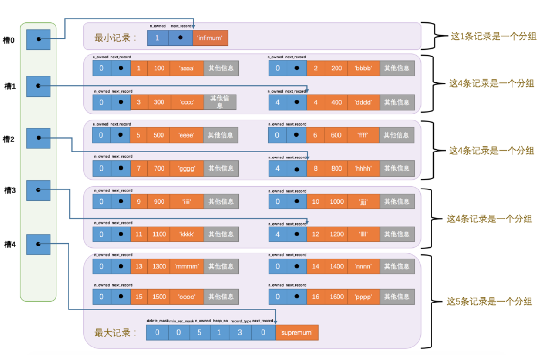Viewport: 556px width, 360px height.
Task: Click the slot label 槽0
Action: pyautogui.click(x=9, y=41)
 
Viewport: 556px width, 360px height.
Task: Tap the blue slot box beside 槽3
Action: pyautogui.click(x=38, y=190)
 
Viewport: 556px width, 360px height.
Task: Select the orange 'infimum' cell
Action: pyautogui.click(x=210, y=38)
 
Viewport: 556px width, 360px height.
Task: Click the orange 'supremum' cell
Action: pyautogui.click(x=297, y=333)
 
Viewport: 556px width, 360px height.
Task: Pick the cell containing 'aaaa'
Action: pyautogui.click(x=187, y=68)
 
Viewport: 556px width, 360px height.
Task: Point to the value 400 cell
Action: pyautogui.click(x=337, y=102)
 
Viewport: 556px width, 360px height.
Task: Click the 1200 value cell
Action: pyautogui.click(x=337, y=234)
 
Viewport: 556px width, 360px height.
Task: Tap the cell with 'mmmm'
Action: pyautogui.click(x=187, y=266)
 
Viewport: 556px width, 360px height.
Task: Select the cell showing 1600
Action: pyautogui.click(x=337, y=297)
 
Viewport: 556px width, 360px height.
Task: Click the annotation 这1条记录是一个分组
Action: pyautogui.click(x=494, y=36)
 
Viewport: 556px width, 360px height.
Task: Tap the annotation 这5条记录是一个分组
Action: pyautogui.click(x=489, y=302)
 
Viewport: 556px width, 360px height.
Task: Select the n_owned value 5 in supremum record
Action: pyautogui.click(x=199, y=333)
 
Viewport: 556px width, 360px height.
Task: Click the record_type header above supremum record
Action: pyautogui.click(x=241, y=321)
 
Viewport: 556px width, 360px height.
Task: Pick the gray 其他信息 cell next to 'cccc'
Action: pyautogui.click(x=220, y=102)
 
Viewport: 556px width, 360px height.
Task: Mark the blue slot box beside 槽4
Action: pyautogui.click(x=38, y=244)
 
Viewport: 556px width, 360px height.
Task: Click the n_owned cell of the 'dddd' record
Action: pyautogui.click(x=277, y=102)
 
